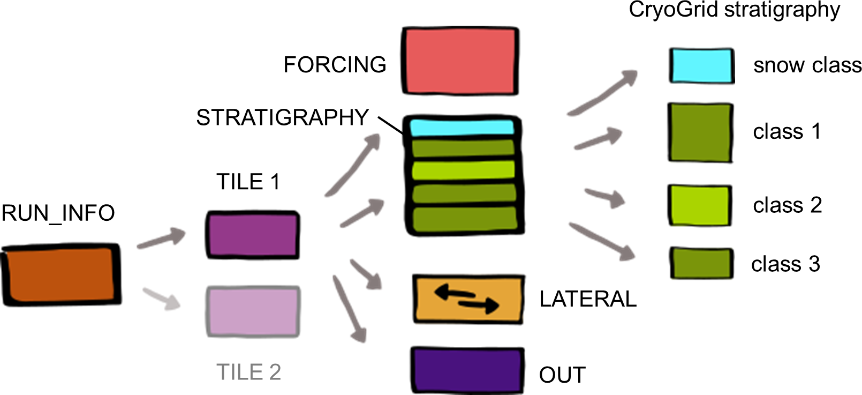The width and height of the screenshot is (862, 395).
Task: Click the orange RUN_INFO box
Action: tap(61, 274)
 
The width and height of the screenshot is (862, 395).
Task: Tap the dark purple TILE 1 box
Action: tap(253, 235)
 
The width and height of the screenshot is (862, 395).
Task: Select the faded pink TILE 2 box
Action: tap(253, 311)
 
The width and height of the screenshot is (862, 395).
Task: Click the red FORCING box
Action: tap(460, 61)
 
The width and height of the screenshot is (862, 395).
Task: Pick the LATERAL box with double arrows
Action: tap(468, 299)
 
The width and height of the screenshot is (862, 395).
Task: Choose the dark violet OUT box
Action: tap(467, 370)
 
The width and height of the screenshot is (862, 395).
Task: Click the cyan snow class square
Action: tap(701, 65)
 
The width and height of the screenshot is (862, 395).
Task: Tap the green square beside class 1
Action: tap(700, 132)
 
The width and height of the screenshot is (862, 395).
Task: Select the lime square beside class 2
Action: tap(700, 205)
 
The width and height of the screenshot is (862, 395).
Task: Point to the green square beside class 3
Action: tap(701, 263)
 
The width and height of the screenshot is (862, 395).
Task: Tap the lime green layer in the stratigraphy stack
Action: tap(463, 170)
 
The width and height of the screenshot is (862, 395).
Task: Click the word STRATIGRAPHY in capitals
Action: tap(283, 117)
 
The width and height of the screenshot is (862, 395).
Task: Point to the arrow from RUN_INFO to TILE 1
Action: tap(162, 238)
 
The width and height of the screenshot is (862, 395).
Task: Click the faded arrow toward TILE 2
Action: tap(162, 299)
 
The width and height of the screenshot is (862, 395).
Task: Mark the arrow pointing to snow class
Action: tap(603, 93)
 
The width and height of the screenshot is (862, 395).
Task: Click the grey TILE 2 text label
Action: tap(248, 372)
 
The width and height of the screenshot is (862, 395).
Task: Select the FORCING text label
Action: tap(335, 64)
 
